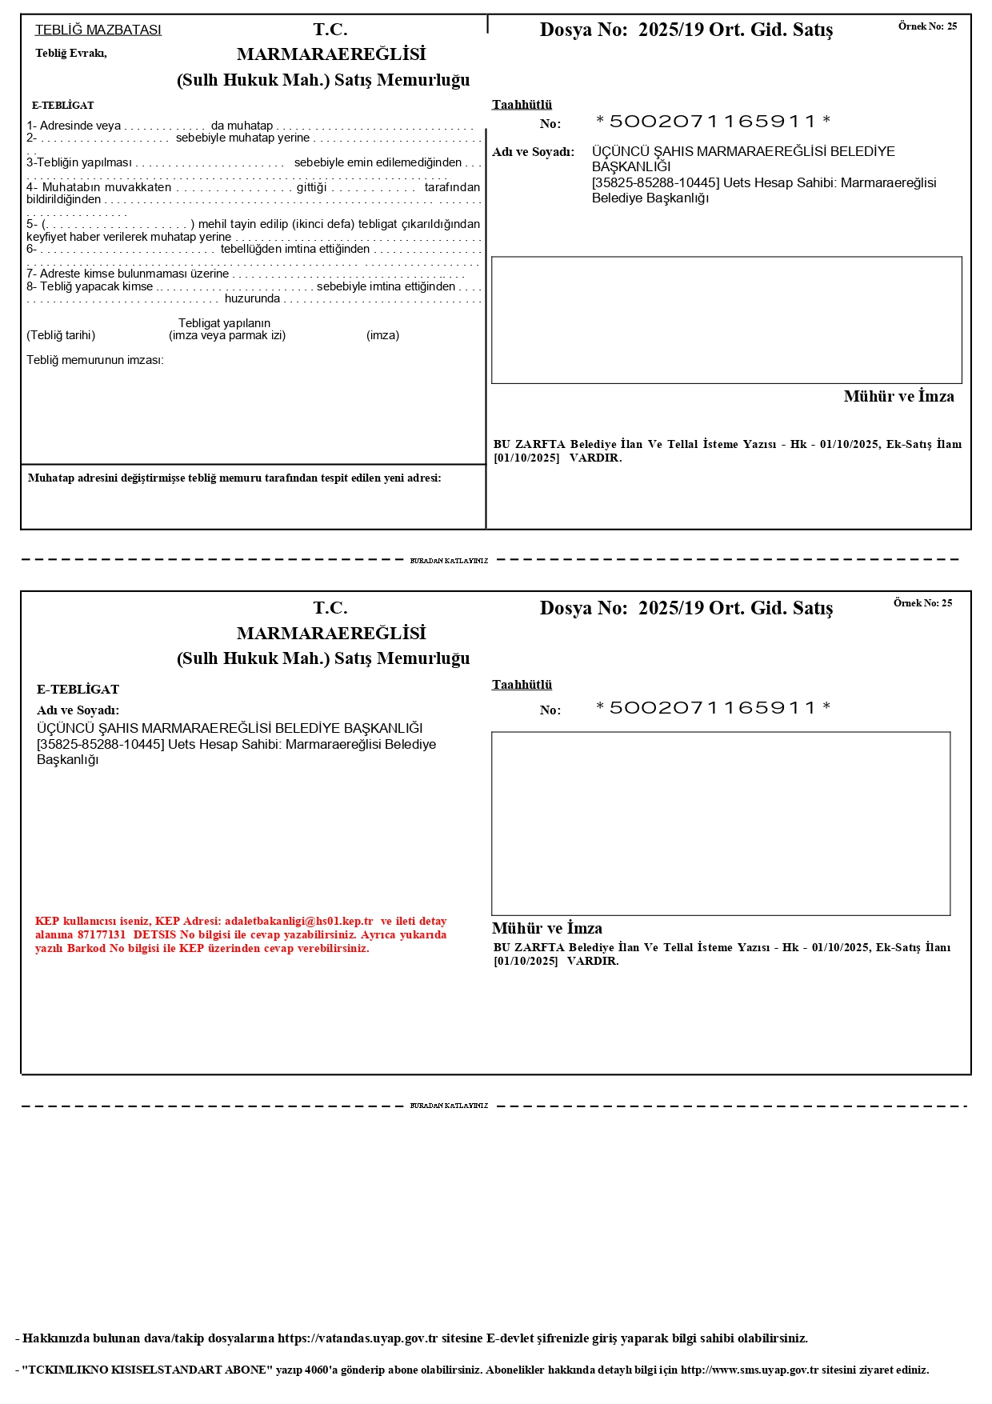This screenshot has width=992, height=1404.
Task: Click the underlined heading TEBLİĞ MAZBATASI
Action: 98,30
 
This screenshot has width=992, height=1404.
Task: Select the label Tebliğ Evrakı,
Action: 70,54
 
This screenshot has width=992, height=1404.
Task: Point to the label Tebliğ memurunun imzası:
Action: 94,360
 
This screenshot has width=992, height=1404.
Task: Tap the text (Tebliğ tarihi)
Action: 61,335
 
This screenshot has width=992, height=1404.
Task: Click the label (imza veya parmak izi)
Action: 227,335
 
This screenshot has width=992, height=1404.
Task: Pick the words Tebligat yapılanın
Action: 224,323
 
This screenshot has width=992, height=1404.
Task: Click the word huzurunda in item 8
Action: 252,298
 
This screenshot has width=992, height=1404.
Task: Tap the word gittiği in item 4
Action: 312,187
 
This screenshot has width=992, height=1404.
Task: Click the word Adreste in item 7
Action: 60,274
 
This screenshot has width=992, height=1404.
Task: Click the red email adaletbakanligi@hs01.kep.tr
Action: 298,921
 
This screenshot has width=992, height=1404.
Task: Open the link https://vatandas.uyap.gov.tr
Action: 358,1338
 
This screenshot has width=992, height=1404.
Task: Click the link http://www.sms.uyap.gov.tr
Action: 750,1370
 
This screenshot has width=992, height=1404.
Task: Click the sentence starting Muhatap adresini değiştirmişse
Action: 234,478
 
